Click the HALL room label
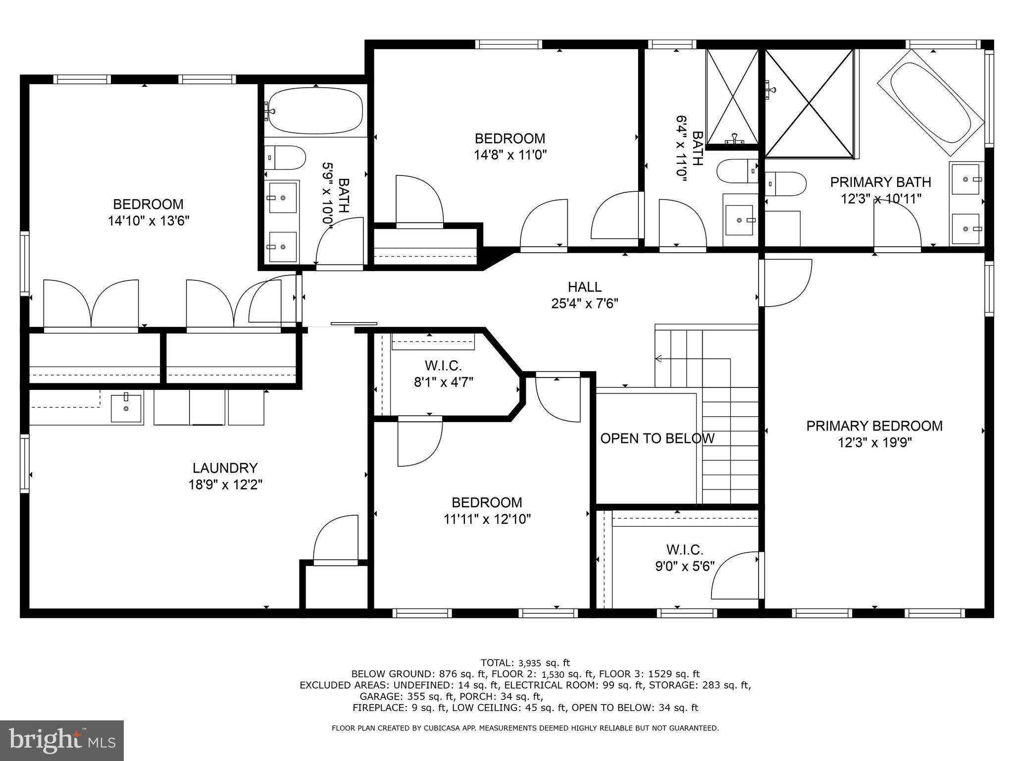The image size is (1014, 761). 584,287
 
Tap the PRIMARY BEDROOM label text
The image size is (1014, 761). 874,426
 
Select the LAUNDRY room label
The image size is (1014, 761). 225,468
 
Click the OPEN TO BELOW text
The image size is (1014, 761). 657,438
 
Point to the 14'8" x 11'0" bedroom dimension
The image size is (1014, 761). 510,155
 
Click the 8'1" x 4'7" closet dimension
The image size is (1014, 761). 443,382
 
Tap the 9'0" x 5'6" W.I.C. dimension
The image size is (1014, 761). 685,566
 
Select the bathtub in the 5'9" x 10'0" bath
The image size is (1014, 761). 315,110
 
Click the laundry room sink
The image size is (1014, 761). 126,407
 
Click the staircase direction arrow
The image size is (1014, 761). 659,359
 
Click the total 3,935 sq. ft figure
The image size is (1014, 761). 544,663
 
